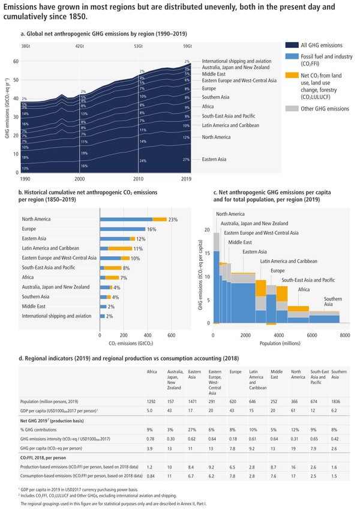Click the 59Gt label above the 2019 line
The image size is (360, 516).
187,46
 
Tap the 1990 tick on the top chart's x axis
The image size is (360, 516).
25,179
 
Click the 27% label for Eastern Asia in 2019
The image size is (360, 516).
187,160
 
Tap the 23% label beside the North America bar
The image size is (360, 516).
173,220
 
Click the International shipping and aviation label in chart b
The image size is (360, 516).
56,316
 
